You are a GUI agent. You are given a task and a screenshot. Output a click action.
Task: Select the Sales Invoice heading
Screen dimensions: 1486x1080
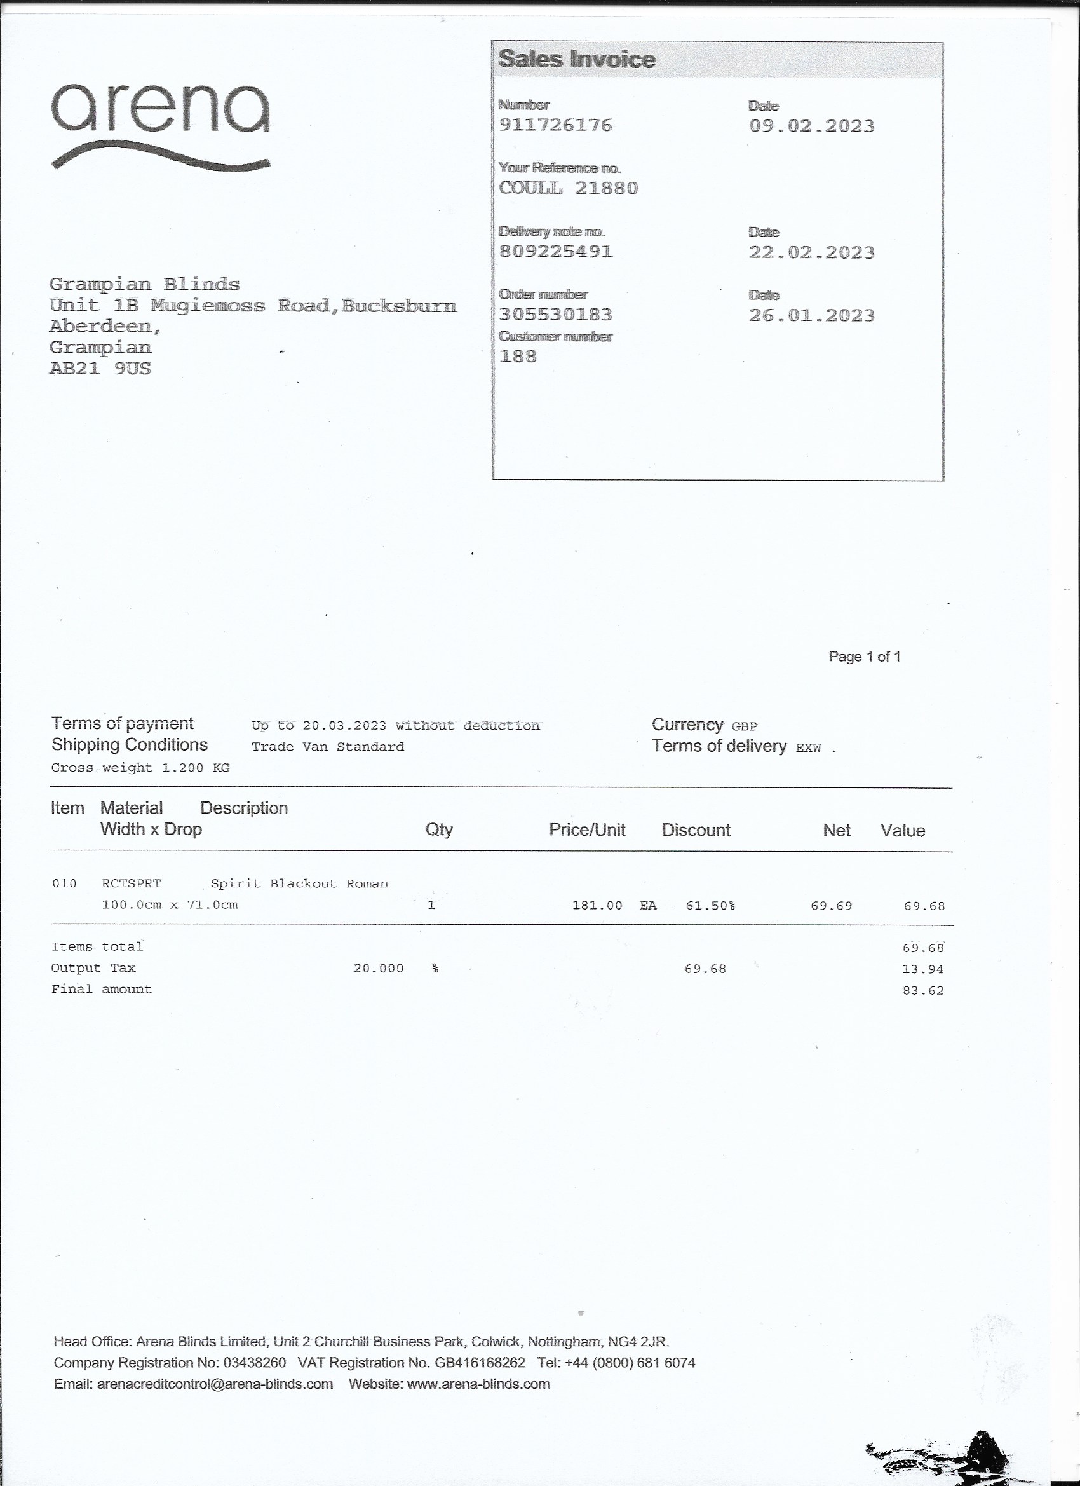(576, 60)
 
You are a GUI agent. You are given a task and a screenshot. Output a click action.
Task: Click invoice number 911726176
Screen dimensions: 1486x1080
(555, 125)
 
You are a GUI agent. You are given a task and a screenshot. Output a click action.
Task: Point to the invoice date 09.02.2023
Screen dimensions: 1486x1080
(811, 126)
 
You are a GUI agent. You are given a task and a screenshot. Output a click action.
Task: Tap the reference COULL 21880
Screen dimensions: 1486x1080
(568, 188)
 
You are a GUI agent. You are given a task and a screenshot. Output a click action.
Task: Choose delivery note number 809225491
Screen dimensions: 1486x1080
(555, 252)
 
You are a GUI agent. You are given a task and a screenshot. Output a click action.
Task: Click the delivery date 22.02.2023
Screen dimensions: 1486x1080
(811, 252)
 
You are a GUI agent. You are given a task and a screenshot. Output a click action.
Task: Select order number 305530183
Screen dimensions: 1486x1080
(555, 315)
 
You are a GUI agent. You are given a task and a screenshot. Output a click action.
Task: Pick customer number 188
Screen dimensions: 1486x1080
(517, 357)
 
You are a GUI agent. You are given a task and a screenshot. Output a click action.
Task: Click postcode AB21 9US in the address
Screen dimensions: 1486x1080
(100, 369)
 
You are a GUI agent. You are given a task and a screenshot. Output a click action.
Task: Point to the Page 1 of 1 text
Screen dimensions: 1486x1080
(865, 657)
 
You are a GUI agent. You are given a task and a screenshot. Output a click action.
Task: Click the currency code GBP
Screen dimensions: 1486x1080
(745, 726)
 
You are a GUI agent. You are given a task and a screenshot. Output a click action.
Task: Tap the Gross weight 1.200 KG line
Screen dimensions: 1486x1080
(140, 767)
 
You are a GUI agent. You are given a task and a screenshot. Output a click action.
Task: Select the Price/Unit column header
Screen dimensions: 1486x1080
(587, 830)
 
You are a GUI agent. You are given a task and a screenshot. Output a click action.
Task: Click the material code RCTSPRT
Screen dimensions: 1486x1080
(131, 884)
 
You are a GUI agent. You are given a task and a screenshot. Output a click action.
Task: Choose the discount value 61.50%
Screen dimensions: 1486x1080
(711, 906)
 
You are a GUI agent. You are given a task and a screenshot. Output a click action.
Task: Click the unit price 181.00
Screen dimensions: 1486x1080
(597, 906)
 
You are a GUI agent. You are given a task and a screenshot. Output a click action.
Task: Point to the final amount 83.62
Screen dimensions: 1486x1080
(923, 991)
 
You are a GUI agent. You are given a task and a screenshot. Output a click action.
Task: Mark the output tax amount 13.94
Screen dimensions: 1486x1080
(923, 969)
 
